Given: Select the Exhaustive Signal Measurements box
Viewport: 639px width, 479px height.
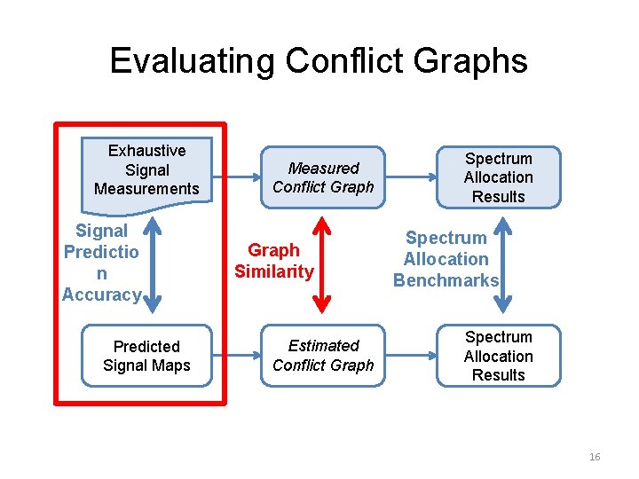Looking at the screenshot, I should (146, 169).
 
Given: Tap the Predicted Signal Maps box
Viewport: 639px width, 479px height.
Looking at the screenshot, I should (146, 356).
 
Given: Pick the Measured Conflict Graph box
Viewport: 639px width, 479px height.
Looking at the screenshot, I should (323, 177).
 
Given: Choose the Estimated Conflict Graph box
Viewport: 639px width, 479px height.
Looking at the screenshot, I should (323, 356).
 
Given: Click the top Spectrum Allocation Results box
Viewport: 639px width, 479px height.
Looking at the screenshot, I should (498, 177).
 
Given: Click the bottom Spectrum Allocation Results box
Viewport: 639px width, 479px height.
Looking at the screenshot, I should (498, 356).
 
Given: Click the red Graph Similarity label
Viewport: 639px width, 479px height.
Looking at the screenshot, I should (273, 261).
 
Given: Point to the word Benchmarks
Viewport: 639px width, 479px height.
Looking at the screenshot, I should (446, 281).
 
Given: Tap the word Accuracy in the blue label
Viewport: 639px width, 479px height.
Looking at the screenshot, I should (100, 295).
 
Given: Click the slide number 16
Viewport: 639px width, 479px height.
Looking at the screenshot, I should (595, 457).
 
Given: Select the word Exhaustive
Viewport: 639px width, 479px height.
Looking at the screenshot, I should (146, 151).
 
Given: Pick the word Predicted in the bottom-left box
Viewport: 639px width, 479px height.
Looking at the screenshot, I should (146, 346).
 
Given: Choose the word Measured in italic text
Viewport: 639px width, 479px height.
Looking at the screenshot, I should (323, 168).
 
